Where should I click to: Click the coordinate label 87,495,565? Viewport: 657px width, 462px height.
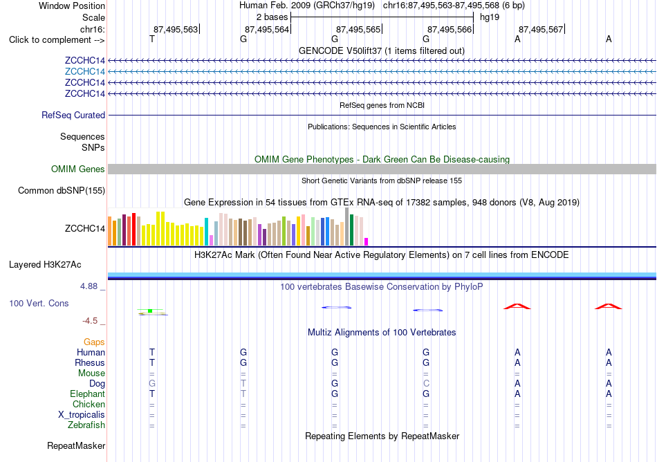coord(358,29)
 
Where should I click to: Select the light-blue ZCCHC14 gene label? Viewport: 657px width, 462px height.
coord(85,72)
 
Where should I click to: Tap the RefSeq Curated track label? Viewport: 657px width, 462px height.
coord(73,115)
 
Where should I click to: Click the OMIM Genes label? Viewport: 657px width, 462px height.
coord(78,169)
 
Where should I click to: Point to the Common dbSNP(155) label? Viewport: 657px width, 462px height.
coord(62,191)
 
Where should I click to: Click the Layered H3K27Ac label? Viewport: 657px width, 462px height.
coord(45,265)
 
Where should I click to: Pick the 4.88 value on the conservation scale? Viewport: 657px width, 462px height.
coord(89,286)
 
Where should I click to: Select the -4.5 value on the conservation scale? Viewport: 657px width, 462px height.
coord(90,321)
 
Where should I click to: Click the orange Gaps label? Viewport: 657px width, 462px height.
coord(94,342)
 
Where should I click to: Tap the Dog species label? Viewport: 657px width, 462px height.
coord(98,384)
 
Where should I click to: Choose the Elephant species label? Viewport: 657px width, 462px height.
coord(88,394)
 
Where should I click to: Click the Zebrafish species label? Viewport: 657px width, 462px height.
coord(86,425)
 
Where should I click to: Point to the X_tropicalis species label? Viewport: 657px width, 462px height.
coord(82,415)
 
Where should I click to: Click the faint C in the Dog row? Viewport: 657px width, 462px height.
coord(426,384)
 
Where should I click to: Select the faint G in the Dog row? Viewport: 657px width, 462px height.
coord(152,384)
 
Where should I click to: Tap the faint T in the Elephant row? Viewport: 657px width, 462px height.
coord(243,394)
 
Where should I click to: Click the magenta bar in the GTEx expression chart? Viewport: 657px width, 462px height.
coord(367,241)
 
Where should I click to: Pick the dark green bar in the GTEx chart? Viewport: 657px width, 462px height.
coord(351,230)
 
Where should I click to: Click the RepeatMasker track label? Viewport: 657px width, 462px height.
coord(76,446)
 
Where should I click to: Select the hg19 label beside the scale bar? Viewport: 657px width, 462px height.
coord(490,17)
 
